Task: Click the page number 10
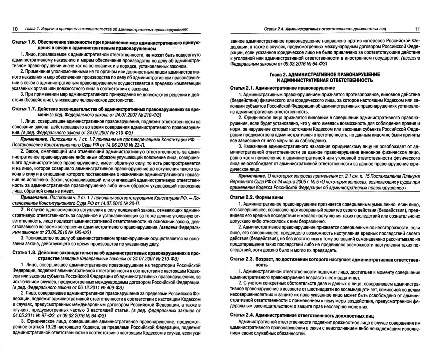(15, 29)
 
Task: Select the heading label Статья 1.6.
(23, 42)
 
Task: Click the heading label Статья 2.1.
(242, 88)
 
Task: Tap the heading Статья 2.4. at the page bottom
(242, 316)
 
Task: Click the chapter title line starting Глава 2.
(324, 74)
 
